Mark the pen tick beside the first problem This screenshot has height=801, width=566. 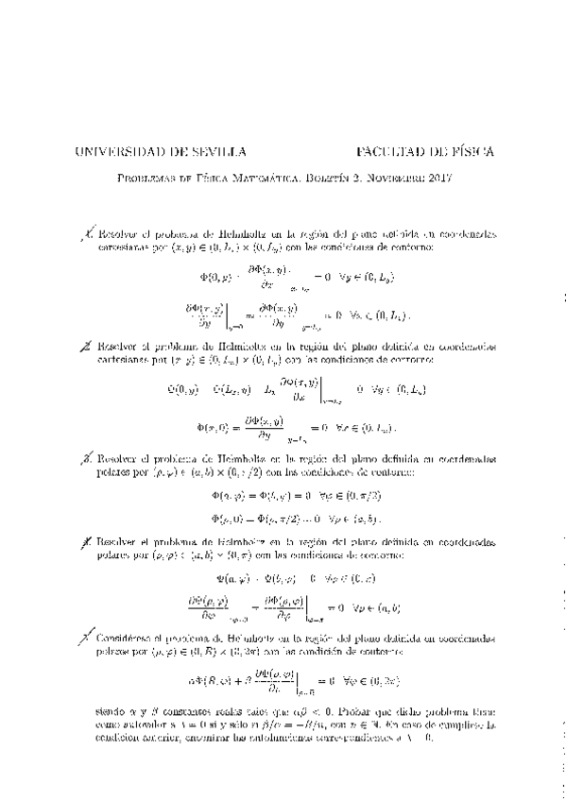(88, 233)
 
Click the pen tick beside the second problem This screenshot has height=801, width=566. (88, 348)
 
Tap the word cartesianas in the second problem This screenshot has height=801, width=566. (125, 361)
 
